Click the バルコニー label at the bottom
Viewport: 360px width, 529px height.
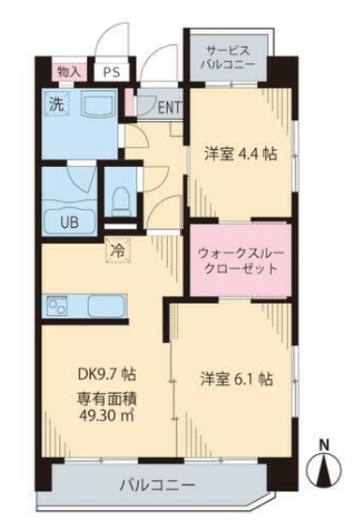point(157,486)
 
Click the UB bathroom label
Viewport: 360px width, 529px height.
point(70,222)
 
